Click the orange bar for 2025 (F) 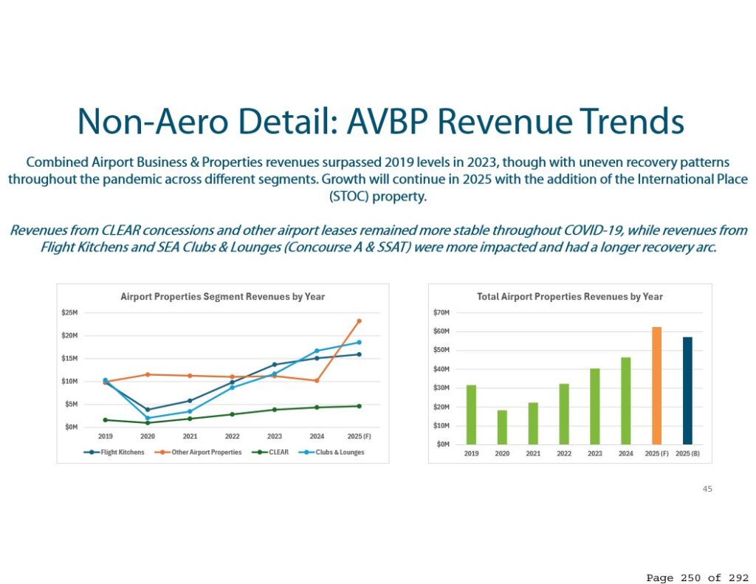coord(656,385)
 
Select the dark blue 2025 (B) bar coord(687,391)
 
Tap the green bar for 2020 coord(502,427)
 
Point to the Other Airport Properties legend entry coord(200,452)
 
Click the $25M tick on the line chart coord(70,313)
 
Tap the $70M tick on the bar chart coord(442,313)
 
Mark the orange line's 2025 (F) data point coord(359,321)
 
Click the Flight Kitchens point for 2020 coord(148,410)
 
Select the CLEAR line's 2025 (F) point coord(359,406)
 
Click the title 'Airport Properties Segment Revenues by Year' coord(222,297)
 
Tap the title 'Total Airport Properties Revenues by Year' coord(570,297)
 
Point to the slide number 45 coord(708,489)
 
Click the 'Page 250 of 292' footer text coord(697,577)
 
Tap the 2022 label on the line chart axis coord(233,436)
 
